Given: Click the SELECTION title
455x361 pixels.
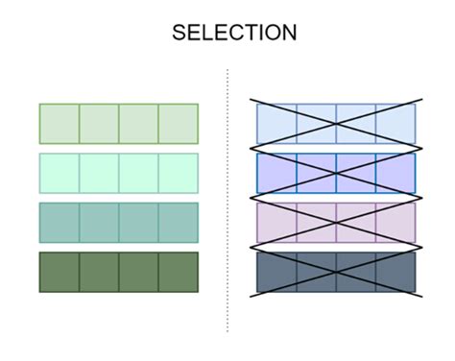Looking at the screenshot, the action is (234, 33).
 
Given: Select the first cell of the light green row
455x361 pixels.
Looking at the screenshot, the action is (60, 124).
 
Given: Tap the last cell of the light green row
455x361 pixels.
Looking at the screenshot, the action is (178, 124).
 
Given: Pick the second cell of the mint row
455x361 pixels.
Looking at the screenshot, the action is (99, 173).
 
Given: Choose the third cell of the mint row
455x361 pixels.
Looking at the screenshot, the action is (138, 173).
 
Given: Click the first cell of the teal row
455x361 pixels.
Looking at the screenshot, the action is (60, 223).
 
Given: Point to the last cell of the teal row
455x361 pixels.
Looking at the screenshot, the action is (178, 223).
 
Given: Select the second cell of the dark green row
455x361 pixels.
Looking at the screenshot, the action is (99, 272).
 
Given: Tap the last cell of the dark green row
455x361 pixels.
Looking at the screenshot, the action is (178, 272).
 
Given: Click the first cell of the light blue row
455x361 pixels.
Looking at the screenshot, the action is (277, 124).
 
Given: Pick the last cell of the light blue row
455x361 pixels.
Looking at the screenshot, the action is (395, 124).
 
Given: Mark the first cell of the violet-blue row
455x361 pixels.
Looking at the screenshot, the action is (277, 173).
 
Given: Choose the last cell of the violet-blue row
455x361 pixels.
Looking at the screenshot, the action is (395, 173).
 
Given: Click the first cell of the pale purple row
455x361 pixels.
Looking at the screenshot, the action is (277, 223).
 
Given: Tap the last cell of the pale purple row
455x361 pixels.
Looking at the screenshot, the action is (395, 223).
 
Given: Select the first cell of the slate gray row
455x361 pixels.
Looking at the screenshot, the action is (277, 272).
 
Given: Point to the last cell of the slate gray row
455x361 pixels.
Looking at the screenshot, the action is (395, 272).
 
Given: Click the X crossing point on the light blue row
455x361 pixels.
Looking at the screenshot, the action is (336, 124).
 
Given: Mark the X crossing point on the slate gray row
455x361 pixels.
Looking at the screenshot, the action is (336, 272).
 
